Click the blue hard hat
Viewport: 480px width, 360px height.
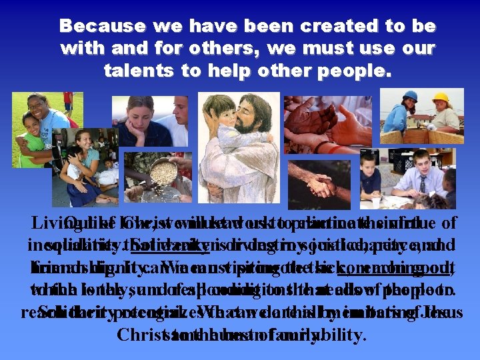click(411, 97)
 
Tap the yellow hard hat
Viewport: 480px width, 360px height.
click(441, 98)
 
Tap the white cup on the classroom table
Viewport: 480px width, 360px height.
click(377, 201)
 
